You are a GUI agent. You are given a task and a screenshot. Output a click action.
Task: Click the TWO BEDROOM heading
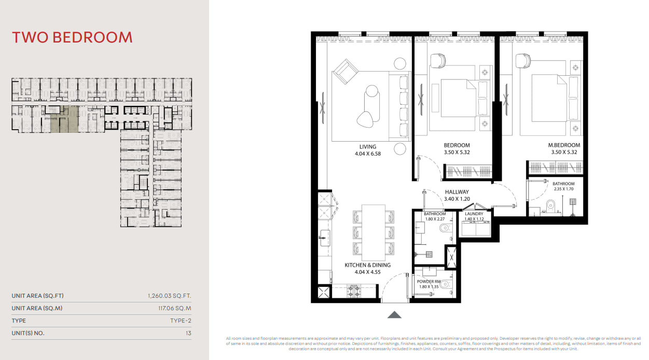click(x=72, y=37)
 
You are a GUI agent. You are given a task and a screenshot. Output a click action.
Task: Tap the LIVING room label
click(x=368, y=147)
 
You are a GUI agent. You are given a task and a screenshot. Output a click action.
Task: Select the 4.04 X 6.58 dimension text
click(x=368, y=154)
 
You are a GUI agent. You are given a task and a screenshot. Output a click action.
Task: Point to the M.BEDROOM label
click(x=564, y=145)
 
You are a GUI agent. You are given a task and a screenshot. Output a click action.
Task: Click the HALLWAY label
click(x=457, y=192)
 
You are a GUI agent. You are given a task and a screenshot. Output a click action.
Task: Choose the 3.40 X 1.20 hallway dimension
click(x=457, y=199)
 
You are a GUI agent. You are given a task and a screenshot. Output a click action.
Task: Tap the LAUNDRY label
click(x=474, y=214)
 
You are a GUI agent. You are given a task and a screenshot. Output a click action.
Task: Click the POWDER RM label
click(x=429, y=282)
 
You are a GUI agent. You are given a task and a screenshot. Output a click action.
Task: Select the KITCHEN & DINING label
click(x=367, y=265)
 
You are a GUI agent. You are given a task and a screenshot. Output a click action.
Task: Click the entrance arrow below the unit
click(x=394, y=314)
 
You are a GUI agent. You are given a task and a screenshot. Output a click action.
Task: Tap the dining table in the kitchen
click(x=373, y=232)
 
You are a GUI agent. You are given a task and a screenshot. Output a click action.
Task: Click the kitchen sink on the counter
click(x=325, y=238)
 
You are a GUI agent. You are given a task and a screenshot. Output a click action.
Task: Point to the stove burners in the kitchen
click(x=354, y=291)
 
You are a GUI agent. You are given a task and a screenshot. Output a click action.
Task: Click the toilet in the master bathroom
click(x=550, y=207)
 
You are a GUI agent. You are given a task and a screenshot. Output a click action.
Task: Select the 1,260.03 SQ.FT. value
click(x=170, y=296)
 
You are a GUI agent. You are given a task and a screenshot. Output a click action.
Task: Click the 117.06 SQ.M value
click(x=175, y=308)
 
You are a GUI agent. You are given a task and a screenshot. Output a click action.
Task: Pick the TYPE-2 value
click(x=181, y=321)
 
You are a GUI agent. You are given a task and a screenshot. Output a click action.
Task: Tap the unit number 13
click(x=189, y=333)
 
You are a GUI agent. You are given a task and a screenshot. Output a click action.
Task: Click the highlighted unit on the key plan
click(x=64, y=119)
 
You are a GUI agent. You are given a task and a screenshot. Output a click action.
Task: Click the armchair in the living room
click(x=346, y=71)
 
